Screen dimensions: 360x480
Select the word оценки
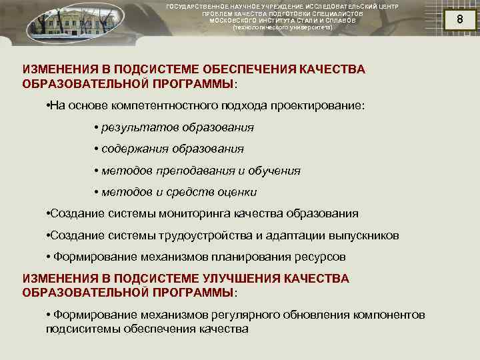coord(239,192)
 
